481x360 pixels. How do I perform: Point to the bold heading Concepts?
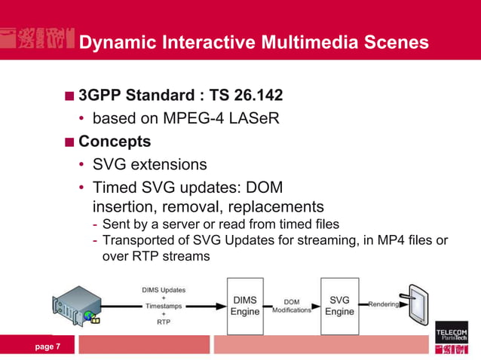pos(115,142)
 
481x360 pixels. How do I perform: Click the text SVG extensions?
pos(149,164)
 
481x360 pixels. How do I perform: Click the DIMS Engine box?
pos(245,306)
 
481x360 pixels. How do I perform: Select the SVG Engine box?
pos(339,306)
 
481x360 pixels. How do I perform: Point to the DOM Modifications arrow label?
pos(292,306)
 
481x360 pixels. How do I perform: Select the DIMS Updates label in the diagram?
pos(164,289)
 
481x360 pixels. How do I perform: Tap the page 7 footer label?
pos(48,346)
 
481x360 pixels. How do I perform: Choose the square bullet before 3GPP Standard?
pos(69,97)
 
